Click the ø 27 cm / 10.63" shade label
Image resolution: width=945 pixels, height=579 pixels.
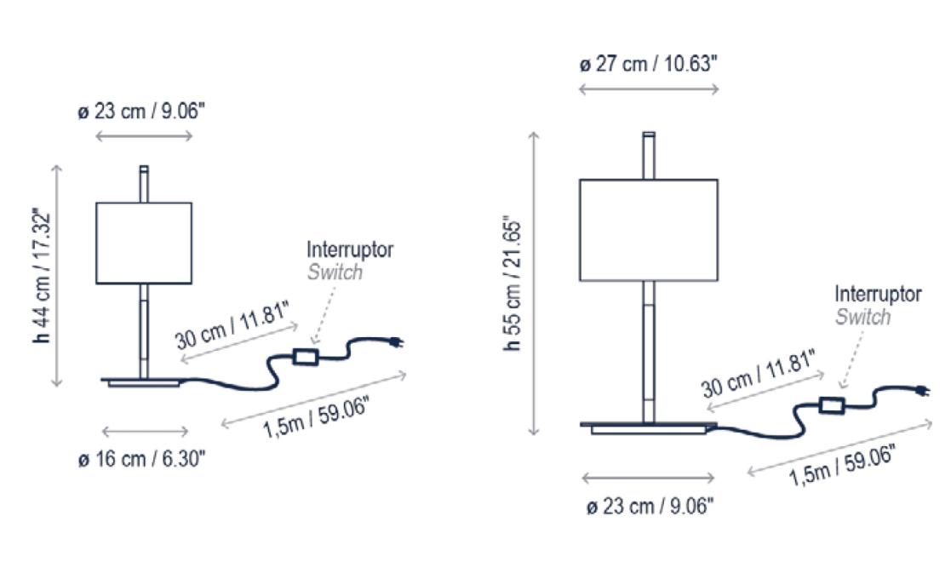649,63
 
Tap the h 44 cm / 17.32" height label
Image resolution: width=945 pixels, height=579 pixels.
43,276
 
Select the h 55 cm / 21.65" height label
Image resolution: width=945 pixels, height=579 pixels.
513,283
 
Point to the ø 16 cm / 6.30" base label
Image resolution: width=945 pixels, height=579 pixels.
141,458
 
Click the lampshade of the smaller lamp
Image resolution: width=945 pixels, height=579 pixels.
144,243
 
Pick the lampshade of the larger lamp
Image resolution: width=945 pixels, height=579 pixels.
649,230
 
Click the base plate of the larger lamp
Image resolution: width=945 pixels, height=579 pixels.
649,427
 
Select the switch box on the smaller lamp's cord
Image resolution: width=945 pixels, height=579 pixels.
306,357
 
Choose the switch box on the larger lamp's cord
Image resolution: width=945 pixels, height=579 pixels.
832,405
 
